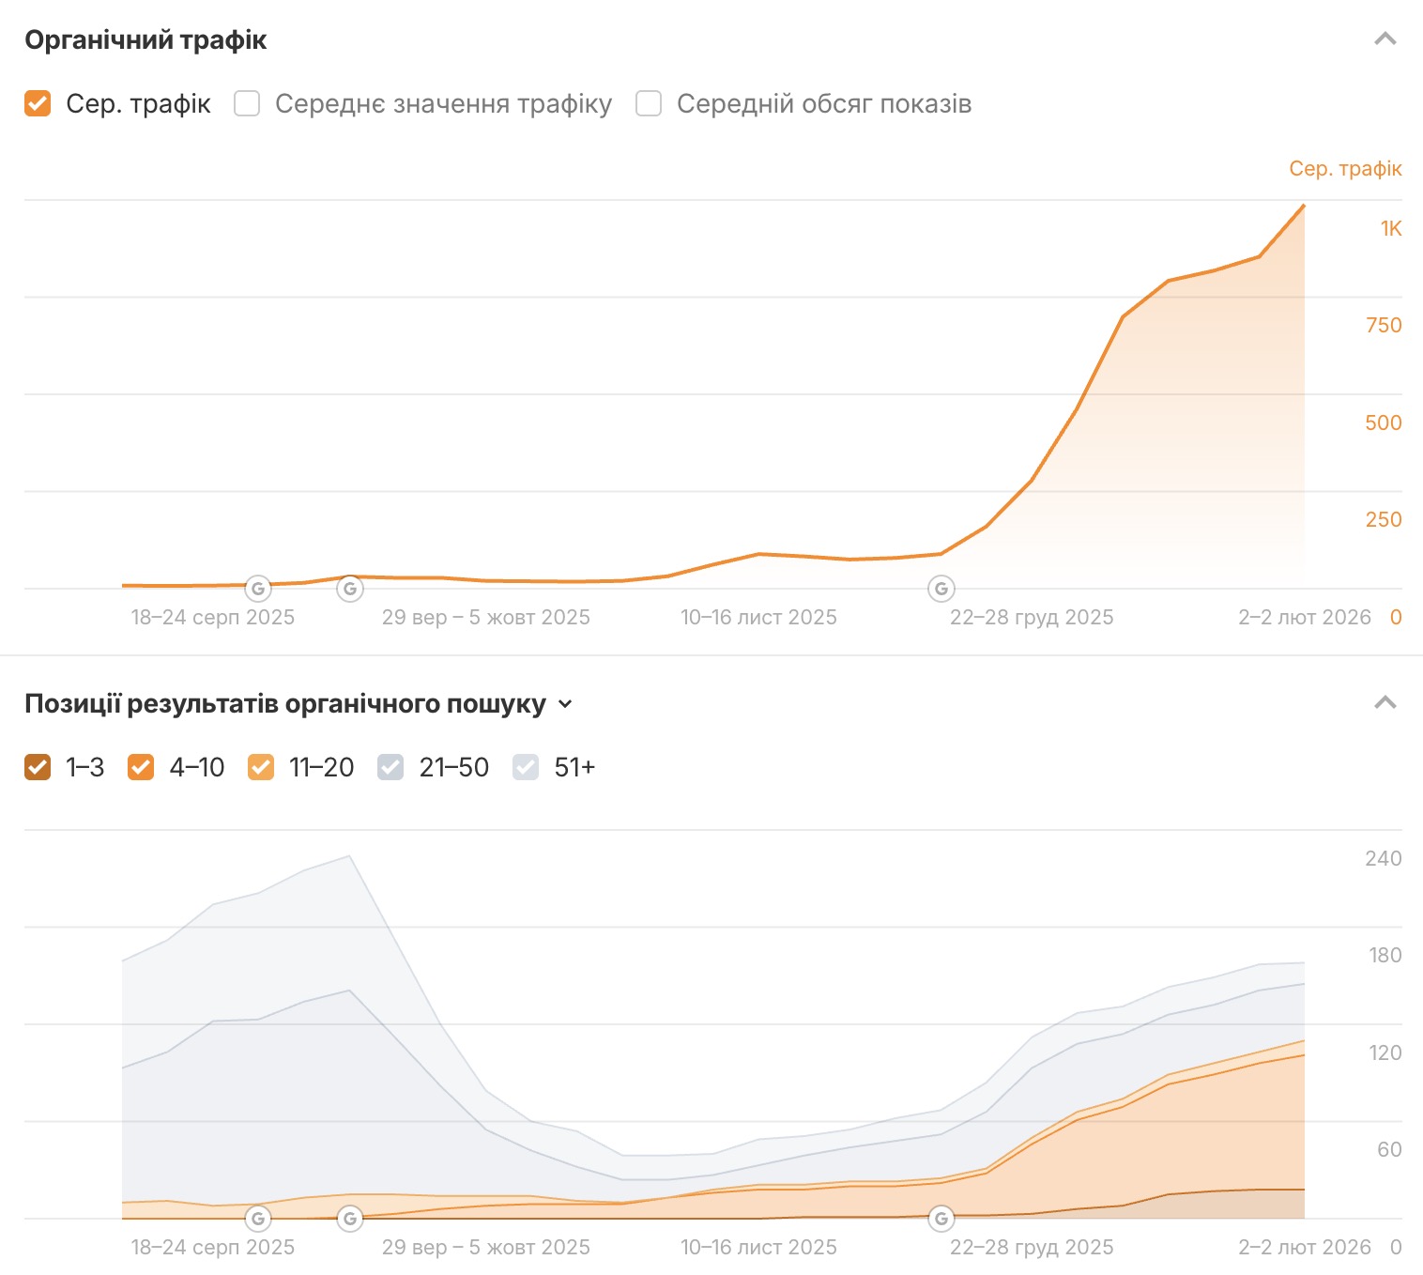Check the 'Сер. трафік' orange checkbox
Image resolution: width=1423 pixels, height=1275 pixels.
pos(38,103)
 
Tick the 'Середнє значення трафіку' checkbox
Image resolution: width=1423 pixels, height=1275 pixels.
pos(247,103)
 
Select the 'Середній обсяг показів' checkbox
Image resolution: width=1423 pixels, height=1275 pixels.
pos(649,103)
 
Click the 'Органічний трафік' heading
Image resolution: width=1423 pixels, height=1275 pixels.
pos(145,40)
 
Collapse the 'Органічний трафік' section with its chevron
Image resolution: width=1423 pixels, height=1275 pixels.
pos(1385,39)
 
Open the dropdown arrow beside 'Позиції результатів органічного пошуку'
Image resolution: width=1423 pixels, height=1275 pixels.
pos(565,704)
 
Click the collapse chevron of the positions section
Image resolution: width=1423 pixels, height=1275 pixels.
pos(1385,703)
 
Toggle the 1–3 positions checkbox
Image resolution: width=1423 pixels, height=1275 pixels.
pos(38,768)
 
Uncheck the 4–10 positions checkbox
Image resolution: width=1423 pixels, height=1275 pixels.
pos(141,768)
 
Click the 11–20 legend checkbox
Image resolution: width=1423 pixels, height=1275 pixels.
pos(261,768)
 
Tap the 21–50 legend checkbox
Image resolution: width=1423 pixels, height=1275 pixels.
pos(390,768)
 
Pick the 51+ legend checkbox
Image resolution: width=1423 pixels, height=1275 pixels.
pos(526,768)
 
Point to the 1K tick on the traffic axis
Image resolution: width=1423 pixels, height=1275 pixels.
pos(1390,228)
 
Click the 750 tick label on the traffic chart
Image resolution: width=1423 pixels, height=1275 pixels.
pos(1384,326)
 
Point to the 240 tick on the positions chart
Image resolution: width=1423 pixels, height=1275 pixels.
pos(1384,858)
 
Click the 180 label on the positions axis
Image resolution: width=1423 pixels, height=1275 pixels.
pos(1385,956)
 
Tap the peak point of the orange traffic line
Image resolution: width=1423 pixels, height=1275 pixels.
pos(1304,205)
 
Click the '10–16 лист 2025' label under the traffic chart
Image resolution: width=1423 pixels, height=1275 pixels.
pos(758,618)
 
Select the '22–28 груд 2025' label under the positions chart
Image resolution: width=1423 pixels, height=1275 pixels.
pos(1032,1248)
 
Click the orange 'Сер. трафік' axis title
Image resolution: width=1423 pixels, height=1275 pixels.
pos(1345,169)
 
